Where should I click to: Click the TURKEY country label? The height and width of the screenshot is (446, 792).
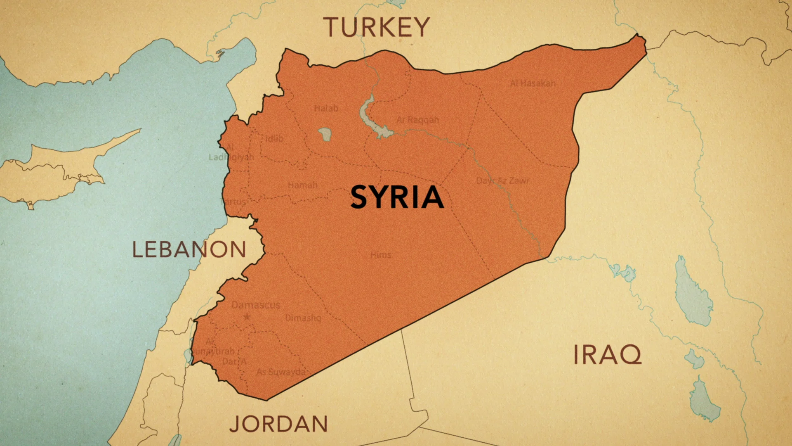pyautogui.click(x=376, y=28)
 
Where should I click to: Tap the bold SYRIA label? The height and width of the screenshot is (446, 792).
pyautogui.click(x=397, y=197)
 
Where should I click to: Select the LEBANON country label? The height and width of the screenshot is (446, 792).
pyautogui.click(x=189, y=250)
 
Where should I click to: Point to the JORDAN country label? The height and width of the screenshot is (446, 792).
pyautogui.click(x=278, y=424)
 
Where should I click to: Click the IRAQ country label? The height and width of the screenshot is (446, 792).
pyautogui.click(x=607, y=355)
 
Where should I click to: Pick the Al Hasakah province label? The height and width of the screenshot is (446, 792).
pyautogui.click(x=533, y=83)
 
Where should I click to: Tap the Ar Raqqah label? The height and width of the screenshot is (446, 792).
pyautogui.click(x=417, y=120)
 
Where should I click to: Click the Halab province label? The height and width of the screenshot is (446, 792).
pyautogui.click(x=326, y=109)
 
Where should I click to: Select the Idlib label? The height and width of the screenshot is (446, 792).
pyautogui.click(x=274, y=139)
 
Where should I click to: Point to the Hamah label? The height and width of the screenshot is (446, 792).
pyautogui.click(x=302, y=185)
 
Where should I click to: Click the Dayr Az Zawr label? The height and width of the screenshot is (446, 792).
pyautogui.click(x=502, y=181)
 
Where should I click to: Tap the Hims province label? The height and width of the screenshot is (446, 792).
pyautogui.click(x=380, y=255)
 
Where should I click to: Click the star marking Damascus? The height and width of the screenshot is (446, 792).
pyautogui.click(x=247, y=317)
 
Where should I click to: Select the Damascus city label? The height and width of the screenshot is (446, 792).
pyautogui.click(x=255, y=305)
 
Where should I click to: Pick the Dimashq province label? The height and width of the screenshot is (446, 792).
pyautogui.click(x=303, y=318)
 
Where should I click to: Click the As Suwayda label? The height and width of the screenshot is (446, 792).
pyautogui.click(x=280, y=372)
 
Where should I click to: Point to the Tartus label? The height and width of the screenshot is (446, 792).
pyautogui.click(x=234, y=202)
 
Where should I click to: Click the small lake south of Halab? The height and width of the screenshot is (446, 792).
pyautogui.click(x=325, y=134)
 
